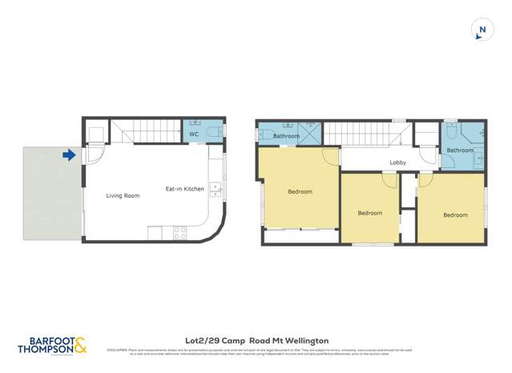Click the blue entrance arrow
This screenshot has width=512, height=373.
point(71,155)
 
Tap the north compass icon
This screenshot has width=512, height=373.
point(481,31)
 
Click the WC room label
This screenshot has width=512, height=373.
point(194,134)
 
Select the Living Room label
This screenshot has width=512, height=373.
point(123,195)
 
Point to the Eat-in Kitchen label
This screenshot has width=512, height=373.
point(184,189)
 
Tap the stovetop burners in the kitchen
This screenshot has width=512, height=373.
point(179,233)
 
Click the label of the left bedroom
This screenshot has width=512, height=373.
point(300,191)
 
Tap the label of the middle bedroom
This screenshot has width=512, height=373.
point(369,213)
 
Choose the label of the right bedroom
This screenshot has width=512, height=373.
point(455,215)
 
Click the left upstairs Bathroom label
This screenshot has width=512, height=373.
point(286,136)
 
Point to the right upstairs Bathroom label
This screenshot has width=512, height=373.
point(460,150)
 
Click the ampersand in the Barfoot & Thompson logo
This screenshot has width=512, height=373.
point(81,345)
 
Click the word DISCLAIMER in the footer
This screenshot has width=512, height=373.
point(117,350)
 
